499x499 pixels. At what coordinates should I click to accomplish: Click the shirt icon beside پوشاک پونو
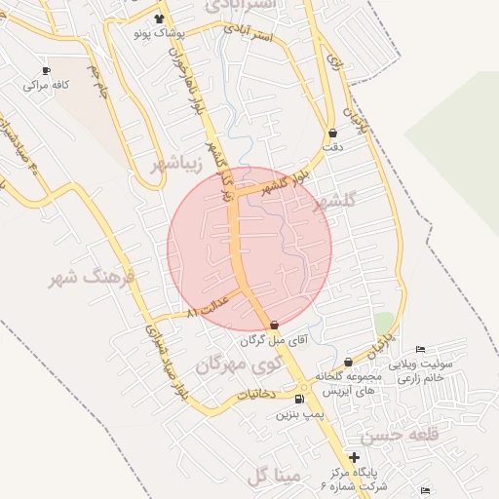(160, 19)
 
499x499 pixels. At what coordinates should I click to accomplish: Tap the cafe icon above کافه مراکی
(47, 70)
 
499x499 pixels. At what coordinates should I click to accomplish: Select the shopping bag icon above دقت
(332, 133)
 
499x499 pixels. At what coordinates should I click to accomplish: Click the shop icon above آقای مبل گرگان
(273, 326)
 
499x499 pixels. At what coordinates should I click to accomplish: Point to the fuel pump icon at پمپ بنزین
(299, 399)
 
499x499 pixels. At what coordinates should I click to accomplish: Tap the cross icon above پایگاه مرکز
(354, 457)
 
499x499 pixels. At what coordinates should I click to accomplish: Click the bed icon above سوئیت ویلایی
(420, 350)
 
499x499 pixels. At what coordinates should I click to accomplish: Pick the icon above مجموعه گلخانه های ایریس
(348, 363)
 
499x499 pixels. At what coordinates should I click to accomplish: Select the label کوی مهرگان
(231, 363)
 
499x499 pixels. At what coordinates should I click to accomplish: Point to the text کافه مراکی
(51, 85)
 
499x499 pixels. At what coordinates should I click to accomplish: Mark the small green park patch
(383, 323)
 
